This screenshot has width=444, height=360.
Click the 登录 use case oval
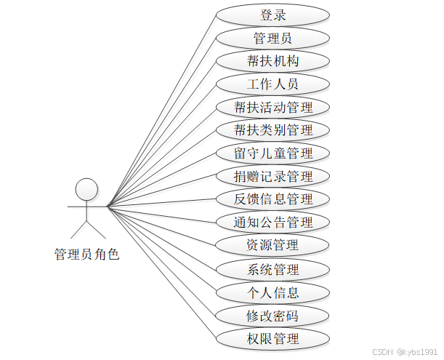click(x=273, y=15)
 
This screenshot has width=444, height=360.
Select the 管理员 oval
click(x=273, y=38)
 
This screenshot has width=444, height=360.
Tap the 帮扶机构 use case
click(x=273, y=61)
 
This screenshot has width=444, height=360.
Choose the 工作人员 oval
click(x=273, y=84)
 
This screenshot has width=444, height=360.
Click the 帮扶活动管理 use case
click(x=273, y=108)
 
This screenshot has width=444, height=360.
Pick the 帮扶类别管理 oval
click(x=273, y=130)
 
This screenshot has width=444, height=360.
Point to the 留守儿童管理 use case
click(x=273, y=153)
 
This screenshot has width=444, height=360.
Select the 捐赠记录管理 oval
click(x=273, y=176)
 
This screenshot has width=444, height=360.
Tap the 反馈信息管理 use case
click(x=273, y=199)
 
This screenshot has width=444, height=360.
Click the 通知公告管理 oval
click(x=273, y=222)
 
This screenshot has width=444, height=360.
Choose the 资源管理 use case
click(x=273, y=245)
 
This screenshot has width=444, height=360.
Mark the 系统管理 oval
click(x=273, y=270)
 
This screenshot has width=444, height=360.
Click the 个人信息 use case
click(x=273, y=293)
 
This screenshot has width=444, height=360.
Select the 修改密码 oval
click(x=273, y=316)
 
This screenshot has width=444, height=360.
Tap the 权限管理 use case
click(x=273, y=339)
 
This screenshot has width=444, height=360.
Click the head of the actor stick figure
click(x=86, y=188)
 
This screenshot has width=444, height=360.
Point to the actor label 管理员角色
click(x=86, y=255)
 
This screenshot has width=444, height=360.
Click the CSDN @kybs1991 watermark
click(x=404, y=351)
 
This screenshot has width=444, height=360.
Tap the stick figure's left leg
click(x=78, y=230)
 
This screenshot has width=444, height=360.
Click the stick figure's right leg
click(x=96, y=230)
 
